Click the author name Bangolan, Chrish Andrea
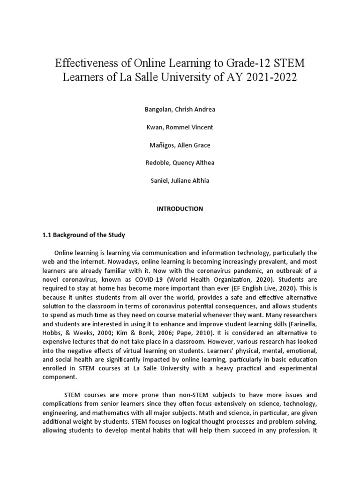tap(180, 109)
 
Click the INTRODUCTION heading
tap(180, 209)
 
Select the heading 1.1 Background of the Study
tap(84, 235)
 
